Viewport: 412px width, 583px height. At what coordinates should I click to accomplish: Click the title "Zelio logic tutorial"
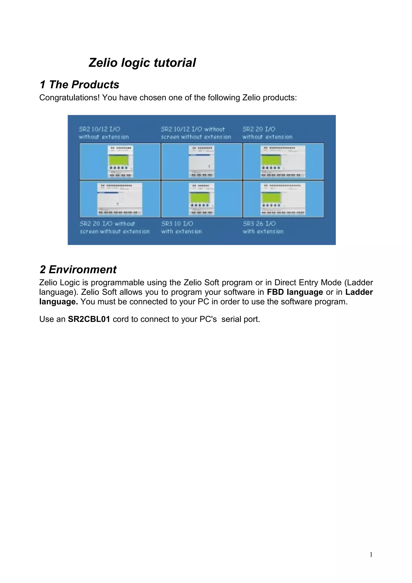tap(142, 63)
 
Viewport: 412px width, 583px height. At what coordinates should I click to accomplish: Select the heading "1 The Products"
tap(79, 84)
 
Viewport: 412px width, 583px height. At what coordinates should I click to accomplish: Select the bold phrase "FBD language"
tap(295, 292)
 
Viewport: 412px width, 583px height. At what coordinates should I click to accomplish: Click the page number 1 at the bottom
tap(371, 555)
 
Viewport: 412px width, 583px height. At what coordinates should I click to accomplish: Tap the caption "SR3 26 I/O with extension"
tap(263, 228)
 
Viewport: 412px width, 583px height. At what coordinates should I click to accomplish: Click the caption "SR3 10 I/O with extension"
tap(181, 228)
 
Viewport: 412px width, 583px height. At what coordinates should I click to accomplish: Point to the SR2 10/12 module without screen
tap(201, 162)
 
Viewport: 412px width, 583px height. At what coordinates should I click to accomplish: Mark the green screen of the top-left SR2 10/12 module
tap(118, 160)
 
